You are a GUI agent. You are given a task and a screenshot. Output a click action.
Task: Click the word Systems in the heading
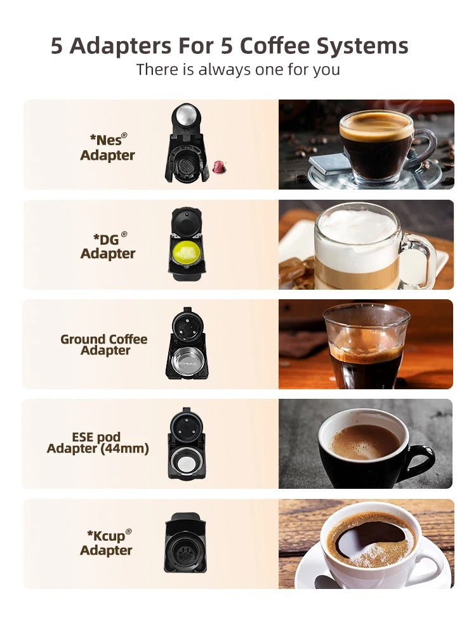[364, 46]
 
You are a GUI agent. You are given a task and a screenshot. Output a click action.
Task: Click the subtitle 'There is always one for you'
[238, 69]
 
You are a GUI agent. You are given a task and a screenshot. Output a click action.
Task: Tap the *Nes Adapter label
[107, 147]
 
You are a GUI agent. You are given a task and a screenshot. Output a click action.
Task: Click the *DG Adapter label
[108, 246]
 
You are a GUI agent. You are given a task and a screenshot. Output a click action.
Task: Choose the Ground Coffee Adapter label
[104, 344]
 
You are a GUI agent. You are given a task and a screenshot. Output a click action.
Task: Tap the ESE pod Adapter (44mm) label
[98, 443]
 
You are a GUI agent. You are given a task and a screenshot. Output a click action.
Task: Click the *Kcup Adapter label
[107, 543]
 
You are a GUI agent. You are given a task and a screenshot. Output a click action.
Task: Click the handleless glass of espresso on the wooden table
[365, 346]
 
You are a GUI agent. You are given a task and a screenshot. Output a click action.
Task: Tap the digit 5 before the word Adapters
[57, 46]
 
